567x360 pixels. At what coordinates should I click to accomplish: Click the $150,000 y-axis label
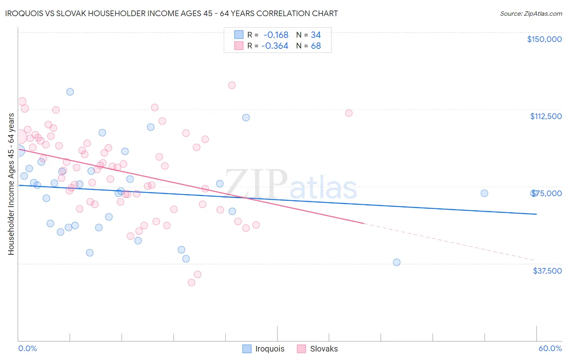pyautogui.click(x=544, y=39)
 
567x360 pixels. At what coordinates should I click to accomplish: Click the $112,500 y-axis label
pyautogui.click(x=546, y=116)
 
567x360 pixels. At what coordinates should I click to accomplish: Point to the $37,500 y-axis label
pyautogui.click(x=547, y=270)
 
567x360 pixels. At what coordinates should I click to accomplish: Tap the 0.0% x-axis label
pyautogui.click(x=27, y=348)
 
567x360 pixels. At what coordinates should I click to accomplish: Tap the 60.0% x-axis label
pyautogui.click(x=550, y=348)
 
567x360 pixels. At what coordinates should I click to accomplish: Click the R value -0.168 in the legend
pyautogui.click(x=276, y=35)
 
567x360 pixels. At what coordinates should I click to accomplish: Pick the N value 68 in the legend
pyautogui.click(x=316, y=46)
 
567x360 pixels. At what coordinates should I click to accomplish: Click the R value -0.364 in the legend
pyautogui.click(x=275, y=46)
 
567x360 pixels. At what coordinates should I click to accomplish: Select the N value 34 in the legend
pyautogui.click(x=316, y=35)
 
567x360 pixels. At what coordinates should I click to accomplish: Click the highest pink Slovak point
pyautogui.click(x=232, y=85)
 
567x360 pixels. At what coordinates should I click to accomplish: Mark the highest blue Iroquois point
pyautogui.click(x=70, y=92)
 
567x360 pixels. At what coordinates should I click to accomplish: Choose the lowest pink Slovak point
pyautogui.click(x=192, y=283)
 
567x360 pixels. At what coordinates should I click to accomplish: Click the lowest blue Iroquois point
pyautogui.click(x=397, y=262)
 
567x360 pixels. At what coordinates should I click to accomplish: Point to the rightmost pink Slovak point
pyautogui.click(x=349, y=113)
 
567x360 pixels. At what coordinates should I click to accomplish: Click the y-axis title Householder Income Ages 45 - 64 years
pyautogui.click(x=11, y=184)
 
